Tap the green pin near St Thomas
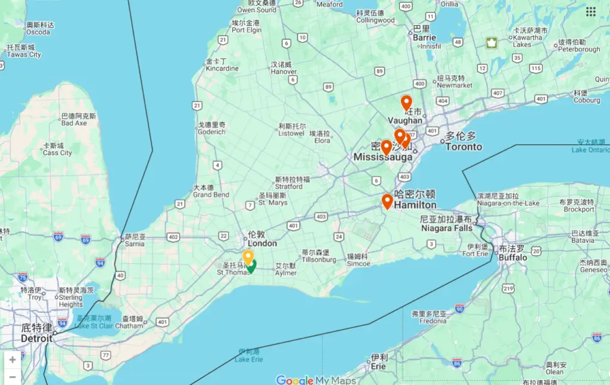[x=251, y=266]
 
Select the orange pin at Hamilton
[x=387, y=201]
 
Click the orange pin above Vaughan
[x=406, y=103]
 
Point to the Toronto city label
[x=463, y=147]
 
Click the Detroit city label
[x=37, y=338]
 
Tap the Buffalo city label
[x=513, y=257]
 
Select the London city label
[x=262, y=243]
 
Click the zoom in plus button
[x=13, y=360]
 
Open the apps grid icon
[x=591, y=11]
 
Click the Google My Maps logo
[x=316, y=380]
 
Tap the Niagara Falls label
[x=446, y=228]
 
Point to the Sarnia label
[x=136, y=244]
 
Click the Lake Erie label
[x=249, y=359]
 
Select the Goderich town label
[x=211, y=132]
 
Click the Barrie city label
[x=424, y=37]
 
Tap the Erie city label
[x=378, y=366]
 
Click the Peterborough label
[x=579, y=49]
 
